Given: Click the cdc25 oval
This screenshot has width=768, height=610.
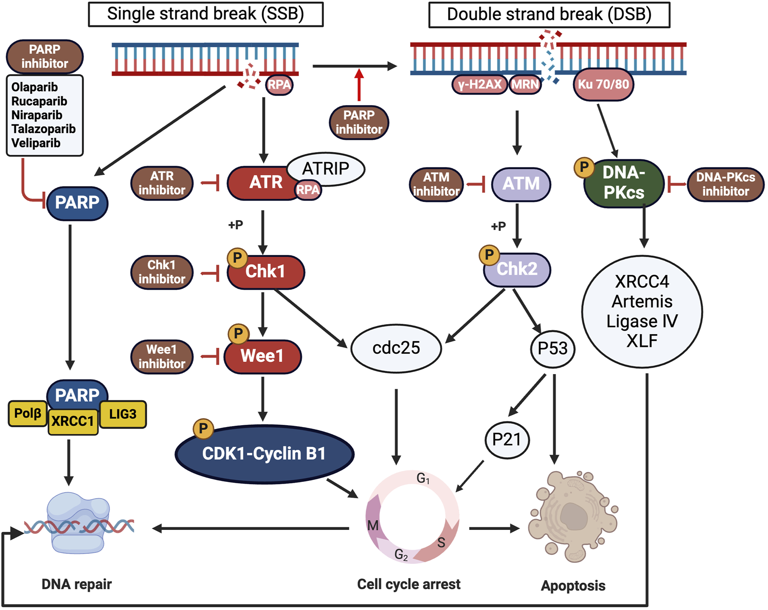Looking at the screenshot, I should tap(396, 348).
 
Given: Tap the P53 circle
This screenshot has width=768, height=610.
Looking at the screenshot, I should tap(552, 348).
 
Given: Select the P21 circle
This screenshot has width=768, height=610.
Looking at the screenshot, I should tap(507, 439).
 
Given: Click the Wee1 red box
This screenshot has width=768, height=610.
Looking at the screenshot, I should tap(263, 356).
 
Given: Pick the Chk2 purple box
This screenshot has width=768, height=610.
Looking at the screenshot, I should tap(517, 269).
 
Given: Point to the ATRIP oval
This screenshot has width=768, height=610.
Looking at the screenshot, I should tap(326, 168).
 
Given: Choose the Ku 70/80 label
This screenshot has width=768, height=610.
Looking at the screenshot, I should tap(603, 84).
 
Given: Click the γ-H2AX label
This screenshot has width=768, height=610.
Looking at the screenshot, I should tap(480, 84).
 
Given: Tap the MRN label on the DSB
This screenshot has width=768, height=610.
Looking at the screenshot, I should tap(525, 84).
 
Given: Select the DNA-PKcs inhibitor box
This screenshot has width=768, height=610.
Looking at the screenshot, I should tap(725, 184).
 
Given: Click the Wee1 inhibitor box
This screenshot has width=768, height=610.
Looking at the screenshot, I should tap(162, 357).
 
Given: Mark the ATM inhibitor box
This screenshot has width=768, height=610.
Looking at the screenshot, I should tap(436, 184).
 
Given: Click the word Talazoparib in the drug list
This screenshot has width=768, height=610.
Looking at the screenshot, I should tap(43, 129).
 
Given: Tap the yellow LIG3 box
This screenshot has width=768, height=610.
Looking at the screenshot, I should tap(123, 414).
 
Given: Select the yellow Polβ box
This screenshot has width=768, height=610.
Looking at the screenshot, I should tap(28, 413).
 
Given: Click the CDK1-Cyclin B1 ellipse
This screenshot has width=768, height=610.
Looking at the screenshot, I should tap(264, 454).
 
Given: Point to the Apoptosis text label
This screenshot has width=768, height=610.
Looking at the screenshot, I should tap(573, 586).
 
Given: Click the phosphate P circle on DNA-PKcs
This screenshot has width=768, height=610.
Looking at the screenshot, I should tap(584, 167).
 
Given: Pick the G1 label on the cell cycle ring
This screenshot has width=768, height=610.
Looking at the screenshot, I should tap(423, 478).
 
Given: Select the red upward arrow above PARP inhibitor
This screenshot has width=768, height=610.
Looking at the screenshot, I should tap(359, 85).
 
